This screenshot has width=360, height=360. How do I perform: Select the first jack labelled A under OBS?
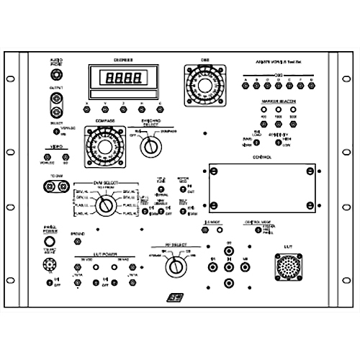click(246, 86)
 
